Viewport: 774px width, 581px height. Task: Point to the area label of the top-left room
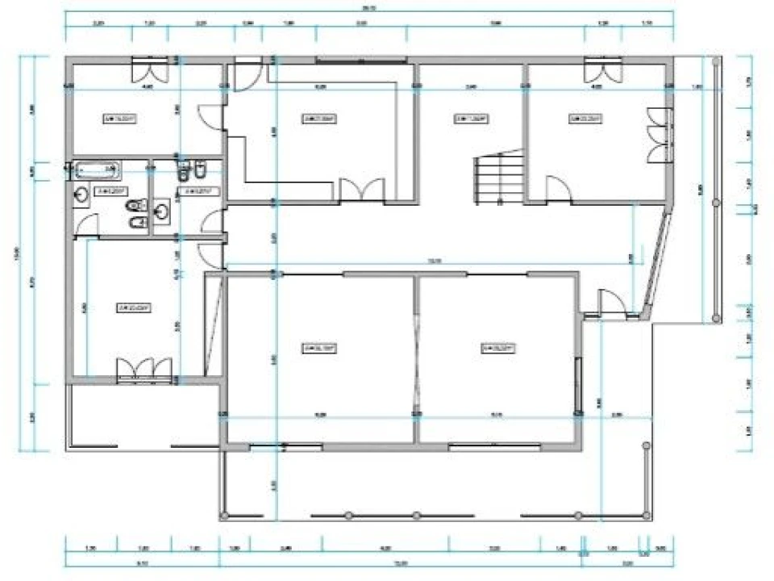(x=119, y=119)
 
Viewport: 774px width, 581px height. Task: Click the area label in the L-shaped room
(x=318, y=119)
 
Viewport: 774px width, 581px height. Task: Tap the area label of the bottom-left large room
(x=318, y=349)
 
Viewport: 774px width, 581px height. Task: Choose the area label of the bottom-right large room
(x=498, y=349)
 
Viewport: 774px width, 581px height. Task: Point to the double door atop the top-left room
(x=149, y=69)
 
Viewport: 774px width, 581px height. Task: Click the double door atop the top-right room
(x=603, y=69)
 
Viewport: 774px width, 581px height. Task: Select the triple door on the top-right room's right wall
(x=659, y=133)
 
